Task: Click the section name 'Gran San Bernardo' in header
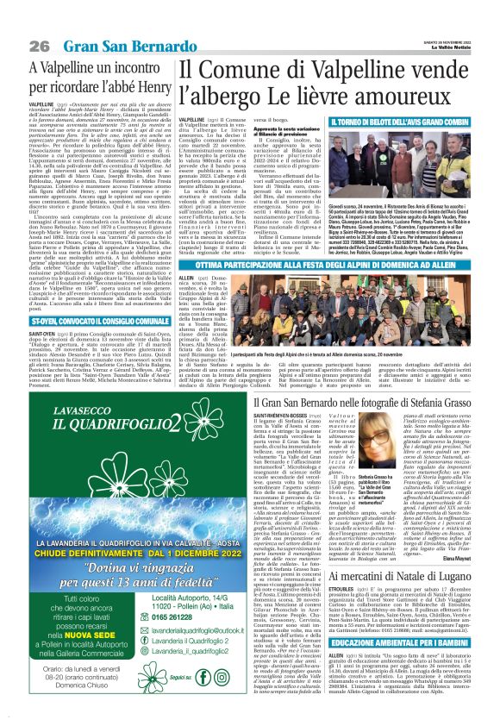pyautogui.click(x=109, y=45)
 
